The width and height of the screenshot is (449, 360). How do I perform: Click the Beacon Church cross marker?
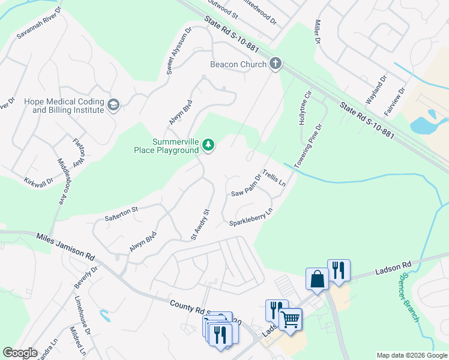coord(276,64)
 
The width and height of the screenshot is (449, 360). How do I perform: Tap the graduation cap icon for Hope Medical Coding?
coord(113,106)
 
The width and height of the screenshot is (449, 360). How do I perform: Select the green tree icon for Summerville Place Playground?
coord(208,145)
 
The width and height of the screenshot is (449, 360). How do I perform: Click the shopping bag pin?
coord(316,278)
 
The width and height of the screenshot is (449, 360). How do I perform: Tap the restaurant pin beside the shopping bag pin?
coord(339,269)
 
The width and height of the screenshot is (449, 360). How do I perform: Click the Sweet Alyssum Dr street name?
coord(179,50)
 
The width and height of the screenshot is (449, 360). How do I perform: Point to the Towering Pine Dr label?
coord(308,146)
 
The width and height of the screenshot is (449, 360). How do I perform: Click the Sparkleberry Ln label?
coord(251,217)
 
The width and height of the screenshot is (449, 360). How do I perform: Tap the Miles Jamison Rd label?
coord(65,245)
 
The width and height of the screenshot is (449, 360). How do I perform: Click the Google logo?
coord(20,353)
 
